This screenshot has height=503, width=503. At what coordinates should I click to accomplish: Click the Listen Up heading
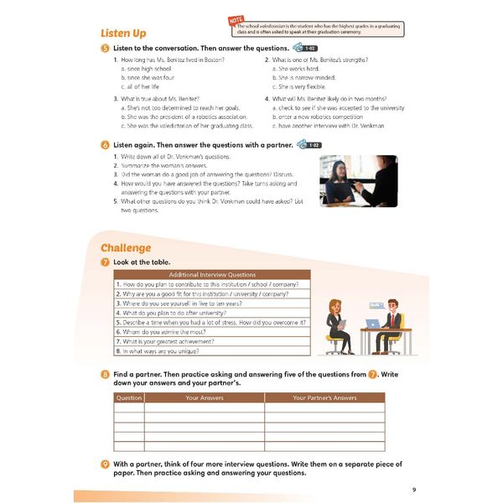[x=123, y=33]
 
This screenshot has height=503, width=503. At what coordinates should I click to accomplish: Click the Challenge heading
[x=126, y=247]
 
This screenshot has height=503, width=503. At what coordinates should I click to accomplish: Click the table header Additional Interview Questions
[x=212, y=274]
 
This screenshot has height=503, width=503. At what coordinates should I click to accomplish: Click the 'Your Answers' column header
[x=204, y=397]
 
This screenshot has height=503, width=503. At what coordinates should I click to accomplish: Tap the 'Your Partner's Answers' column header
[x=324, y=397]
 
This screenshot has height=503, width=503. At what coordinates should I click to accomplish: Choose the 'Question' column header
[x=129, y=397]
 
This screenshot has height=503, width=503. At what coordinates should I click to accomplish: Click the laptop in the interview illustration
[x=372, y=323]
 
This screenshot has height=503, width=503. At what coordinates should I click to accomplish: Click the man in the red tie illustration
[x=391, y=319]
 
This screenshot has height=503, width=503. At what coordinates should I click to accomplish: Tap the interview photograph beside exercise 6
[x=358, y=180]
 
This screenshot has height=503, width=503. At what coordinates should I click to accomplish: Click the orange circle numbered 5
[x=105, y=49]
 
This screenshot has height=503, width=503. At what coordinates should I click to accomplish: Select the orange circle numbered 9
[x=105, y=464]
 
